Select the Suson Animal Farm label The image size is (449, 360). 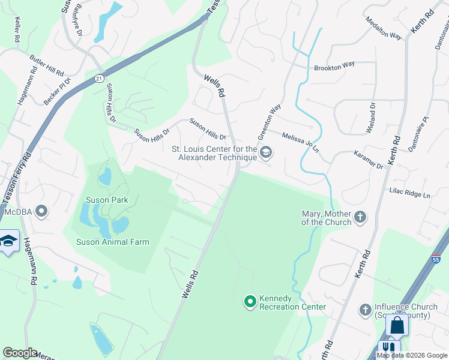click(x=112, y=242)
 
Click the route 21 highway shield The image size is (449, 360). click(x=98, y=79)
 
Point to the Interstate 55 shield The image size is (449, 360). click(x=436, y=259)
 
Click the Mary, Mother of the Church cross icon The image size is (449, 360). click(x=360, y=217)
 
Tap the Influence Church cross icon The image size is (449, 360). click(x=365, y=310)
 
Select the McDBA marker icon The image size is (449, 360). click(x=41, y=211)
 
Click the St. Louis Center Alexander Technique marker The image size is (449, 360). click(x=267, y=154)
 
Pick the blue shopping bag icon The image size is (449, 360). click(x=397, y=326)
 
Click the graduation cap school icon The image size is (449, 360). click(x=8, y=241)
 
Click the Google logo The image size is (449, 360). click(x=19, y=353)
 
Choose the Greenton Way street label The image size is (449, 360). click(x=269, y=118)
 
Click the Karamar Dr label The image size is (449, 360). click(x=368, y=160)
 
